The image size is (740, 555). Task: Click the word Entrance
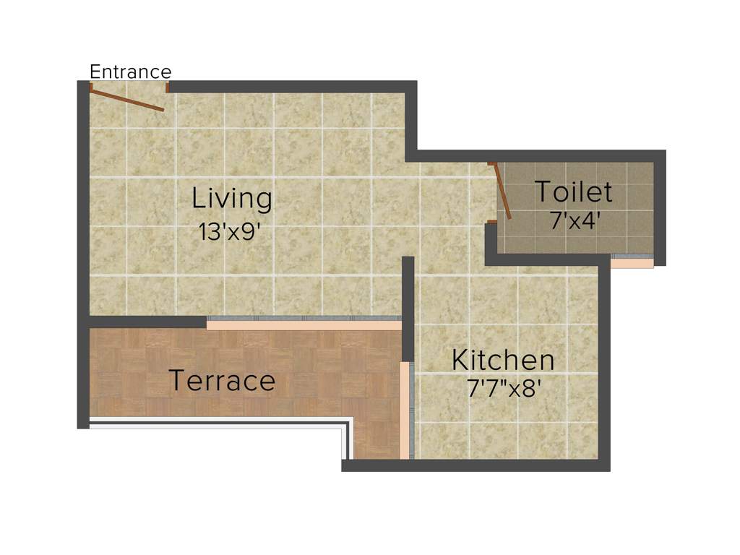click(x=130, y=72)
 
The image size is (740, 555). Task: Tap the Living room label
click(x=231, y=197)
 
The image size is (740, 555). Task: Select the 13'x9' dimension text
click(x=229, y=232)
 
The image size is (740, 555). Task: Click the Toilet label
click(x=573, y=192)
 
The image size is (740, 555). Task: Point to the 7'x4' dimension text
click(x=575, y=220)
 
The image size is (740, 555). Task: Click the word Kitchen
click(x=503, y=360)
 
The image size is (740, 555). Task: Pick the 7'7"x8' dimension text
click(x=504, y=389)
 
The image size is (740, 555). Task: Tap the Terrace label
click(x=222, y=381)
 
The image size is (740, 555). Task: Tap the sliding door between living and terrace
click(x=304, y=322)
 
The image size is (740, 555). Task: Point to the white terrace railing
click(x=217, y=425)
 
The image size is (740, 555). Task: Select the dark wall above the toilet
click(x=542, y=155)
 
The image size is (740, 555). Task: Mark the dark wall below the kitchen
click(x=477, y=465)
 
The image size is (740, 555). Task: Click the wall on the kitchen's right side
click(x=604, y=361)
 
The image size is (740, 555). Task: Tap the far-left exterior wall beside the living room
click(x=82, y=217)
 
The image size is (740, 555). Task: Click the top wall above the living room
click(x=289, y=86)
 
